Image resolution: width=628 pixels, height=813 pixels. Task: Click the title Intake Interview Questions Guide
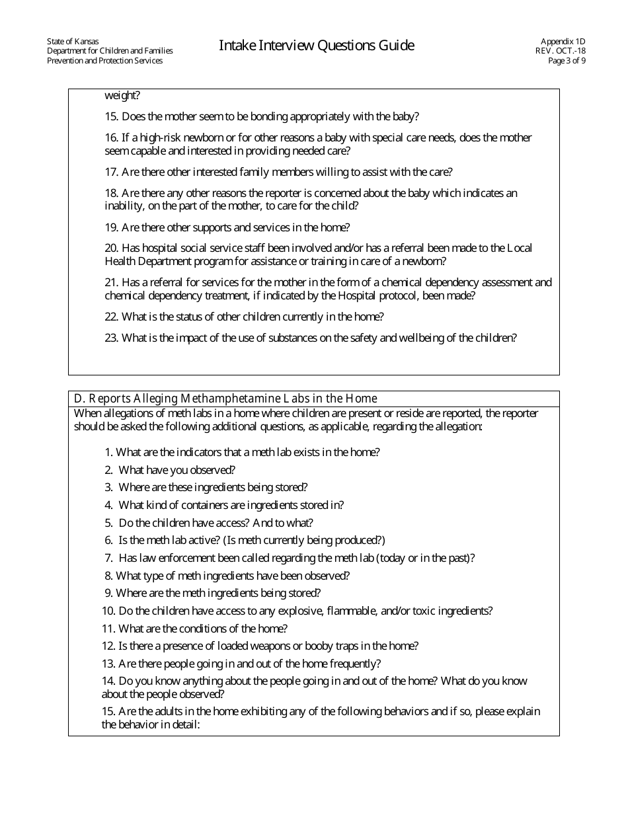[x=316, y=46]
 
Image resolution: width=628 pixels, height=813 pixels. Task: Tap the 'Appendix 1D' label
[x=563, y=41]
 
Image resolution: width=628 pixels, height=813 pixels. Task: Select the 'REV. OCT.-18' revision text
[x=561, y=51]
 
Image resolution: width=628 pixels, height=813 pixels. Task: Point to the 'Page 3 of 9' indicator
[x=567, y=61]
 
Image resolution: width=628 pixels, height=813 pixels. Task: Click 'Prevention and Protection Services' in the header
[x=104, y=61]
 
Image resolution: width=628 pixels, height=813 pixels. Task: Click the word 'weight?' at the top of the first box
[x=122, y=97]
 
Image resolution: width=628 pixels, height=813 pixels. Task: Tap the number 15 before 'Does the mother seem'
[x=111, y=117]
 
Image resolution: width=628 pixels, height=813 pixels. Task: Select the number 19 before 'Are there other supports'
[x=111, y=227]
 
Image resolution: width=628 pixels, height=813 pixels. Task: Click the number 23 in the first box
[x=111, y=338]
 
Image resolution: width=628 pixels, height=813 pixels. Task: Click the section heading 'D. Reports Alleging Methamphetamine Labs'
[x=225, y=399]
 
